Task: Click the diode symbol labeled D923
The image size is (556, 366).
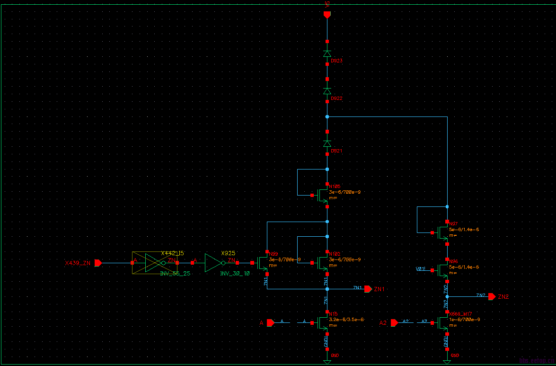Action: pyautogui.click(x=327, y=54)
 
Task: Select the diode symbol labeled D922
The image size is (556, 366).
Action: pyautogui.click(x=327, y=91)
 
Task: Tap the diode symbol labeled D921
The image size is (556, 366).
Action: pyautogui.click(x=327, y=143)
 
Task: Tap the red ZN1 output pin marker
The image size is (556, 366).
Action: pyautogui.click(x=368, y=289)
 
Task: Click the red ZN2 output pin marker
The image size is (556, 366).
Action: pyautogui.click(x=492, y=296)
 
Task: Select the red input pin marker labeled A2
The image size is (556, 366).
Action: pyautogui.click(x=395, y=323)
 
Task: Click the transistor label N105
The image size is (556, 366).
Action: pyautogui.click(x=335, y=187)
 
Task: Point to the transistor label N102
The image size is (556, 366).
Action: pyautogui.click(x=335, y=254)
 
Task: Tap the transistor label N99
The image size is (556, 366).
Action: pyautogui.click(x=274, y=254)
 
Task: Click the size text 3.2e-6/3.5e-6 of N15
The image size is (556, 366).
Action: pyautogui.click(x=346, y=320)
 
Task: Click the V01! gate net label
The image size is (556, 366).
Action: pyautogui.click(x=421, y=269)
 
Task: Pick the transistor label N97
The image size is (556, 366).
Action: pyautogui.click(x=453, y=223)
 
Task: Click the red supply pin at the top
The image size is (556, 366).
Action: pyautogui.click(x=327, y=15)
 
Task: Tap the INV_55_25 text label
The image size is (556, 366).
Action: pyautogui.click(x=175, y=274)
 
